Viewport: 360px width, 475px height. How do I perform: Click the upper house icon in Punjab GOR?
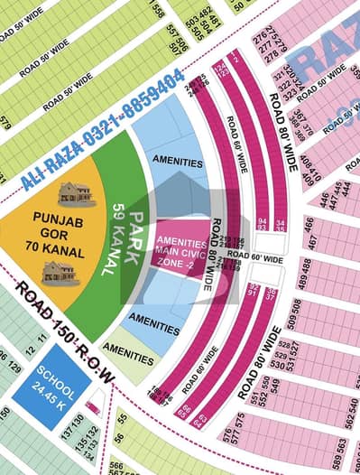78,192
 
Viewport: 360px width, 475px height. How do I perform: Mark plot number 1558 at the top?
158,11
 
